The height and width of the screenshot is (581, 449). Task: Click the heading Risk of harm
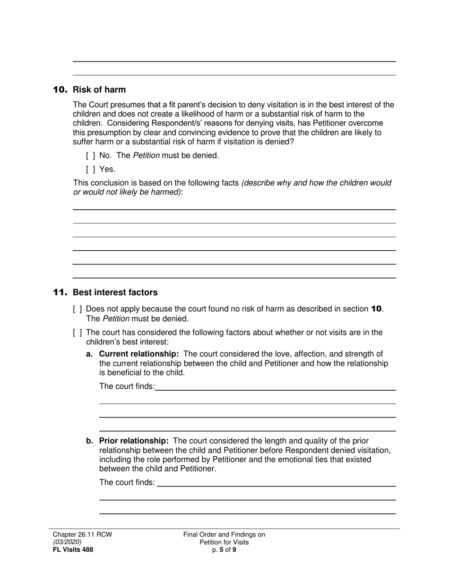coord(99,90)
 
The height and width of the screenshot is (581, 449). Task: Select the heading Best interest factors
coord(115,293)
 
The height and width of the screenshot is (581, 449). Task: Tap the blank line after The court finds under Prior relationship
coord(276,483)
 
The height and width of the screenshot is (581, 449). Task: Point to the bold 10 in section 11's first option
coord(376,309)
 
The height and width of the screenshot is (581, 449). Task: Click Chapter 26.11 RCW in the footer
coord(82,535)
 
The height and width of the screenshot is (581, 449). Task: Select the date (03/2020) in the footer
coord(67,542)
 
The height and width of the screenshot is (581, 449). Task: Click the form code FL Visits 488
coord(73,550)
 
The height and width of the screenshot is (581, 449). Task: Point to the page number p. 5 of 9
coord(224,550)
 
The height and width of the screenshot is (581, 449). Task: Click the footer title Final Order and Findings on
coord(224,535)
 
